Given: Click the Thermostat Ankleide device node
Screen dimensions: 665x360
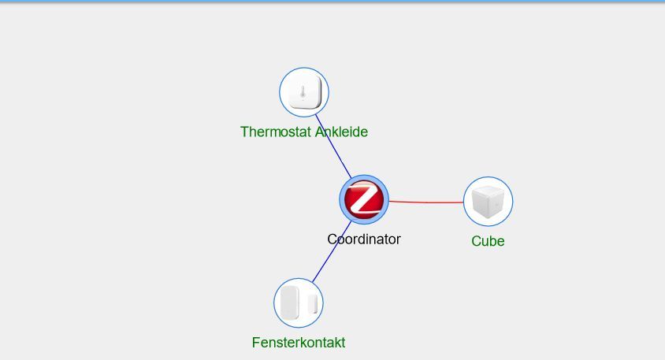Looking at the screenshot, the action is [304, 92].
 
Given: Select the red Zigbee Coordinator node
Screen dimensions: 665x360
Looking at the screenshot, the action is [364, 199].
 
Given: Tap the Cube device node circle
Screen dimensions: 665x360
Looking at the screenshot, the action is [488, 202].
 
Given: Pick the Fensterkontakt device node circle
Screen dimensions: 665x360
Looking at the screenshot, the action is [299, 302].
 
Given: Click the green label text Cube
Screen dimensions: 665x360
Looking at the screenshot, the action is [488, 241].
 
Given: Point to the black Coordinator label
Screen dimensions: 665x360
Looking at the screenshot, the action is [364, 239].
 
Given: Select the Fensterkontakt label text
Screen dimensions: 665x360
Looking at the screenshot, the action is [299, 342].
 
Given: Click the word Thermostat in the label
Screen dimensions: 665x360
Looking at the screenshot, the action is [276, 132].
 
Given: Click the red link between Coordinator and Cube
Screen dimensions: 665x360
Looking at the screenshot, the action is [425, 202].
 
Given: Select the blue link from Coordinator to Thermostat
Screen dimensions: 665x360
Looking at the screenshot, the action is [333, 147].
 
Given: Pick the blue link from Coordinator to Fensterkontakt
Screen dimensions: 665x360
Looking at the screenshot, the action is [332, 251].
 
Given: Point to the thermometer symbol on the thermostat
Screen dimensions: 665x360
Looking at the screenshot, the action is [303, 92].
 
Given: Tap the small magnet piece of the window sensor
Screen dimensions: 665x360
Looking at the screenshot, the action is [313, 303].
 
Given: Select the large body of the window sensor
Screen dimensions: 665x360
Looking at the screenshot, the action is [290, 302].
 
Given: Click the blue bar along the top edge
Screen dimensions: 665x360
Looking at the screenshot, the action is [332, 2].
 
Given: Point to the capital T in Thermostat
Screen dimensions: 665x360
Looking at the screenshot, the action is [244, 132].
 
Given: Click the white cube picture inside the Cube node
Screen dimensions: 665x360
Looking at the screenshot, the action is [488, 202].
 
